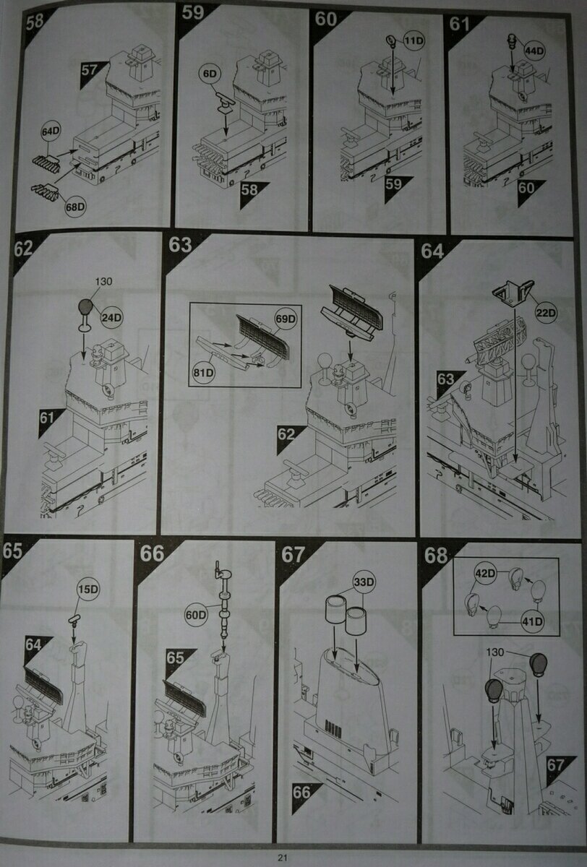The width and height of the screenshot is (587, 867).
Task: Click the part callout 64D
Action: (x=51, y=131)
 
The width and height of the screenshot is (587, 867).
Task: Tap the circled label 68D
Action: (x=74, y=207)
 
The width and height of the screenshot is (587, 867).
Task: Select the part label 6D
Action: (x=210, y=74)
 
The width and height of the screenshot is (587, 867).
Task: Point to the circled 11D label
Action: (x=414, y=40)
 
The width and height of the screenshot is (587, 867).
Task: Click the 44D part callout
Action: (x=534, y=51)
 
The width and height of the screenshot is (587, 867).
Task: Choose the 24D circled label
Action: (x=111, y=318)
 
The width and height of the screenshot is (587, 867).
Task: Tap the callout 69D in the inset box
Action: (x=286, y=319)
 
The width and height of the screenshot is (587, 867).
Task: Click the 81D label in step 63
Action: (x=204, y=372)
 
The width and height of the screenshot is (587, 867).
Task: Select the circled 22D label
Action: (x=546, y=312)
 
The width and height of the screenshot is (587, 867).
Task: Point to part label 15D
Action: (x=88, y=589)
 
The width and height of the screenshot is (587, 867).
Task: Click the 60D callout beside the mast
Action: (x=196, y=615)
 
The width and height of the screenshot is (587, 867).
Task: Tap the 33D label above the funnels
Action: (x=364, y=582)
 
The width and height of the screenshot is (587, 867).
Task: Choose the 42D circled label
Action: (x=486, y=573)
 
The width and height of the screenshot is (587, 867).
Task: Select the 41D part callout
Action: (x=532, y=621)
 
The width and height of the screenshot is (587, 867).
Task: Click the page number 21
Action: (x=283, y=858)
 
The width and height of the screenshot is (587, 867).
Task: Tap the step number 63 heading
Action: (x=180, y=245)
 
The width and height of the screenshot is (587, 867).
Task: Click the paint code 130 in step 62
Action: (x=103, y=281)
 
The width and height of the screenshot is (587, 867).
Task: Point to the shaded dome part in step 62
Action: (x=85, y=308)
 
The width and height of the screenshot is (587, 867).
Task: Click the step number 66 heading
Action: (x=152, y=554)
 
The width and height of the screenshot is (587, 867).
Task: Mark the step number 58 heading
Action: (x=35, y=21)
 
